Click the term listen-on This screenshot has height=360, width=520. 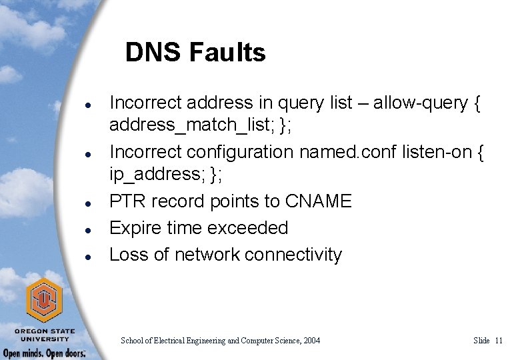pyautogui.click(x=435, y=153)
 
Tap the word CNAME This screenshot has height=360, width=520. pyautogui.click(x=317, y=201)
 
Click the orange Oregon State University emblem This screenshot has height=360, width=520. pyautogui.click(x=44, y=299)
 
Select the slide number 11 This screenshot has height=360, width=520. pyautogui.click(x=499, y=341)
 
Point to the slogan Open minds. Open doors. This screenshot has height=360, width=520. pyautogui.click(x=45, y=353)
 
